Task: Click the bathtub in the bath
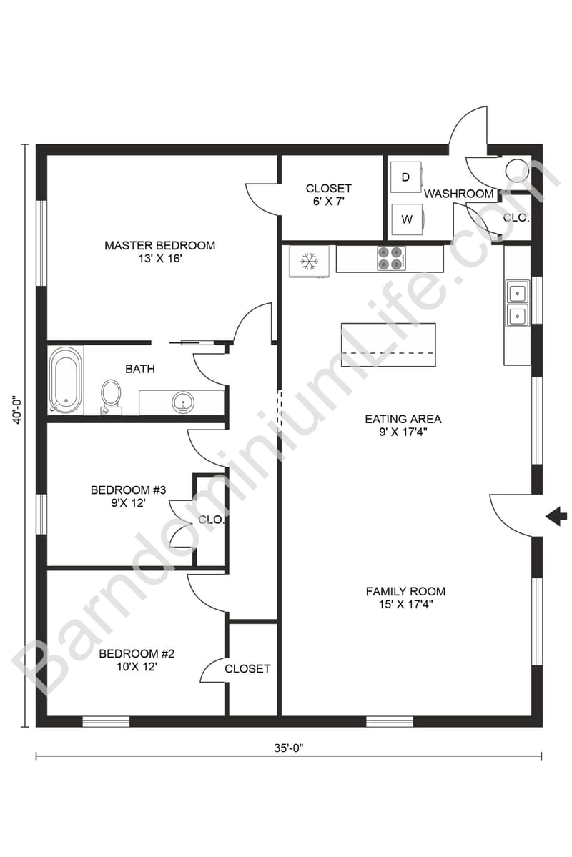coord(66,380)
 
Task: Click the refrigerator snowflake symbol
coord(309,262)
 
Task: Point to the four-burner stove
coord(390,259)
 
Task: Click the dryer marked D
coord(406,177)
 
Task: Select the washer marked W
coord(407,219)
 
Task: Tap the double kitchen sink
coord(518,303)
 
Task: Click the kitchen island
coord(388,345)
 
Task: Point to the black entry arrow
coord(556,516)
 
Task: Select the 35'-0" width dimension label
coord(288,748)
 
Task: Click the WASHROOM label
coord(458,194)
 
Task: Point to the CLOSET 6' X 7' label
coord(328,194)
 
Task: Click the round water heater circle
coord(516,170)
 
